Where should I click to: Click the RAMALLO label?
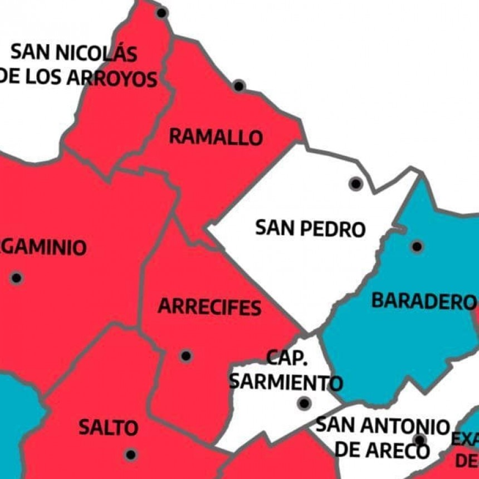216,136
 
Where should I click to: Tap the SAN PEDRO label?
310,228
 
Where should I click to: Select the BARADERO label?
423,301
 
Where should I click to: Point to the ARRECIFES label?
209,307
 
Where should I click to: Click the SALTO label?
108,428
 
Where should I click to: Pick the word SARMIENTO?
286,382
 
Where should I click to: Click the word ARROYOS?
113,79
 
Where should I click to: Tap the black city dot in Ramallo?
239,86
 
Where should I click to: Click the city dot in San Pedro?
355,183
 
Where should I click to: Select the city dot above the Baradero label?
417,246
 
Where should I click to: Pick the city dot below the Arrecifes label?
186,355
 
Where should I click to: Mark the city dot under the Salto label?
131,454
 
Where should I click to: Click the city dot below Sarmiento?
304,403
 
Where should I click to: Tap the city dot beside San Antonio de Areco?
419,440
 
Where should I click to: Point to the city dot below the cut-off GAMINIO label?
17,277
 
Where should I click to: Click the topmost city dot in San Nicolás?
162,12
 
